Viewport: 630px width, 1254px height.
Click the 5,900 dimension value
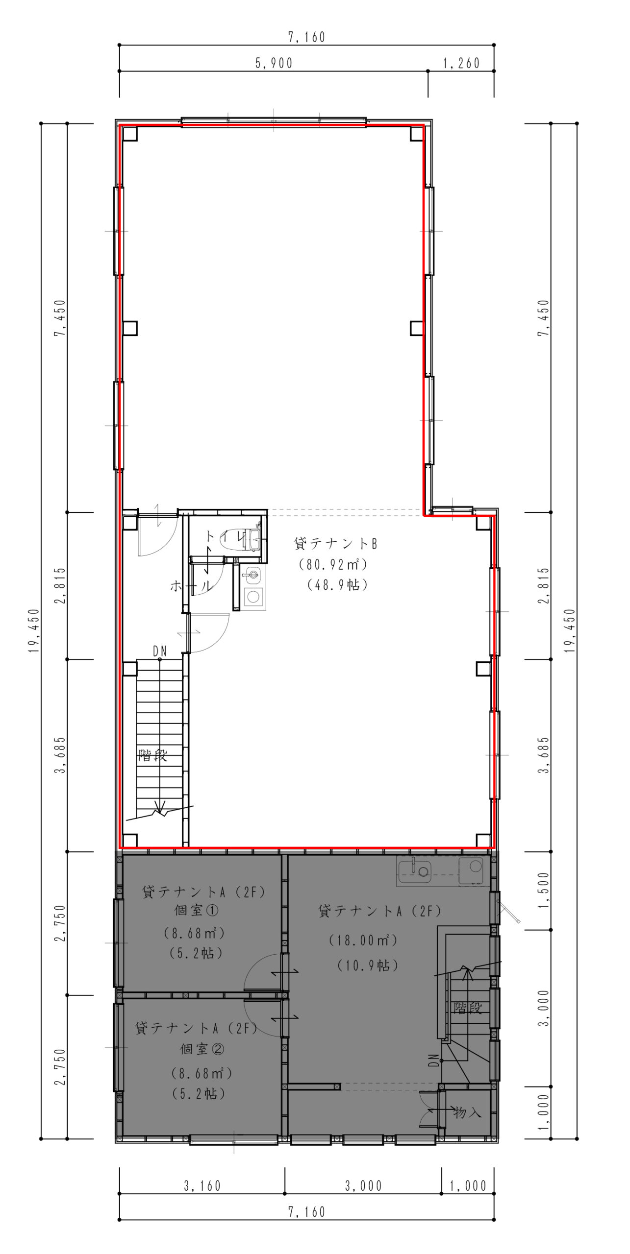pyautogui.click(x=274, y=63)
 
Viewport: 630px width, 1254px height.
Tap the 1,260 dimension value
pyautogui.click(x=461, y=63)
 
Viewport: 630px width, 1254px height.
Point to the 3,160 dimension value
pyautogui.click(x=202, y=1186)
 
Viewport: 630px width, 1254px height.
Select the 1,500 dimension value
pyautogui.click(x=544, y=890)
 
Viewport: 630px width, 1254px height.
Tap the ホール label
pyautogui.click(x=191, y=585)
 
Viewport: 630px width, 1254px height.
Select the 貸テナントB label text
pyautogui.click(x=335, y=543)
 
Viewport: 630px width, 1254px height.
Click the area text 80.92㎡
pyautogui.click(x=333, y=564)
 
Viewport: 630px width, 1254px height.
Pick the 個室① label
pyautogui.click(x=197, y=910)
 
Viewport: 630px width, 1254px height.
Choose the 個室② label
pyautogui.click(x=202, y=1049)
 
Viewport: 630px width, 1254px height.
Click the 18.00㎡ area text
pyautogui.click(x=363, y=940)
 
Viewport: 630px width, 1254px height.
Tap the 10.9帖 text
pyautogui.click(x=368, y=965)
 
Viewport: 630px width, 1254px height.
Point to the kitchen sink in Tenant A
pyautogui.click(x=414, y=871)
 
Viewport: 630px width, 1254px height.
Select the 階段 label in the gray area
pyautogui.click(x=468, y=1008)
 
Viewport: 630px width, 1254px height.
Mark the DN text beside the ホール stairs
pyautogui.click(x=160, y=651)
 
